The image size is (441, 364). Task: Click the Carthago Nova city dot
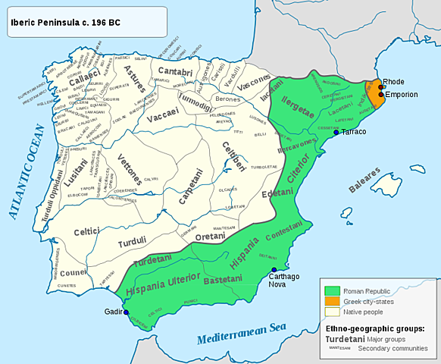pyautogui.click(x=274, y=269)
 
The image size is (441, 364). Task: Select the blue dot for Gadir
pyautogui.click(x=127, y=312)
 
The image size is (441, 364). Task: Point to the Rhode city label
pyautogui.click(x=394, y=81)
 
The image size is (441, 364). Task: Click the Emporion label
pyautogui.click(x=401, y=96)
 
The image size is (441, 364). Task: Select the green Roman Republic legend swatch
pyautogui.click(x=331, y=290)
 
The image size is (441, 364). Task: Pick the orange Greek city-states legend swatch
pyautogui.click(x=331, y=301)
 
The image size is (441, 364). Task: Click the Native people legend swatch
pyautogui.click(x=331, y=312)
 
